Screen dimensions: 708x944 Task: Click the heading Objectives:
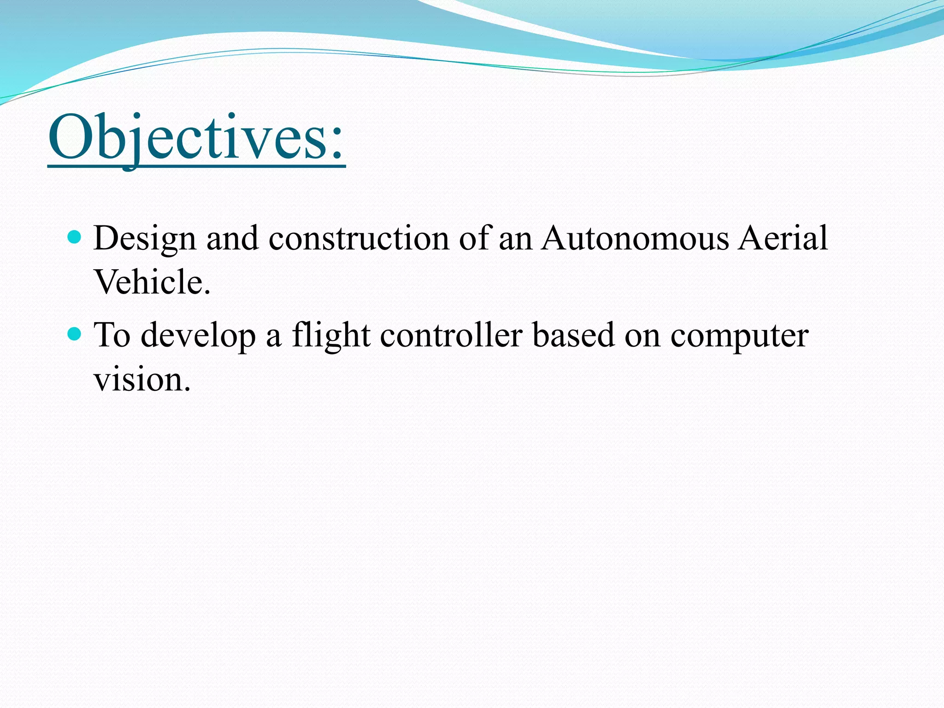click(196, 137)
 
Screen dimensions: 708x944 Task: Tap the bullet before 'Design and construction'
click(74, 237)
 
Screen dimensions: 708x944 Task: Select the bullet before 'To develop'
click(74, 334)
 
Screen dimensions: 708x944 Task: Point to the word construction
click(359, 239)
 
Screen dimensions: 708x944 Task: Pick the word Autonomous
click(635, 239)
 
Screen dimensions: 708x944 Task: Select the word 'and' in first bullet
click(232, 239)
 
